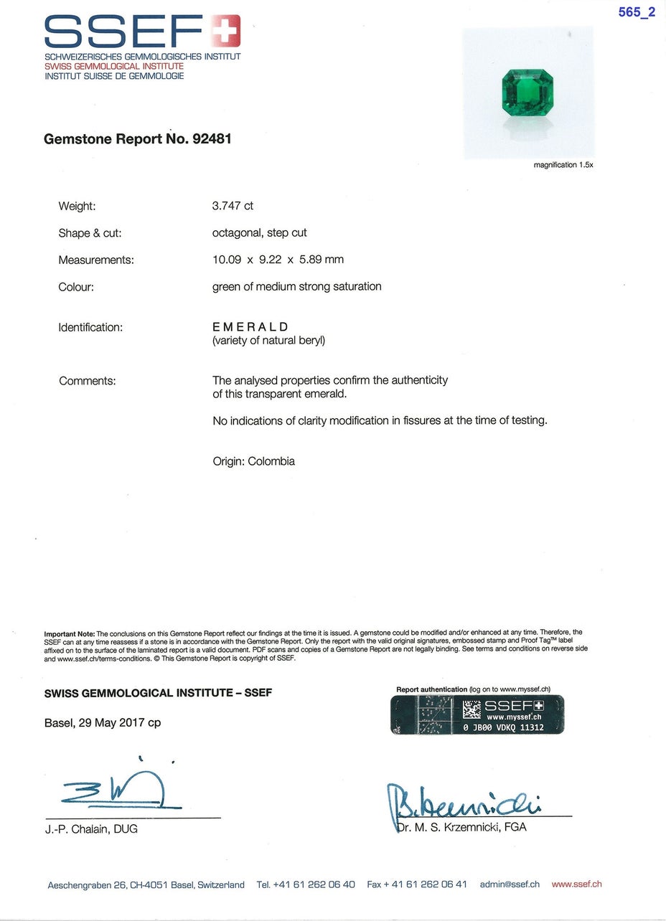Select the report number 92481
point(212,138)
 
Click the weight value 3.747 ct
point(233,206)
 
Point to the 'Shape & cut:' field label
point(90,233)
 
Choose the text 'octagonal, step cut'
point(260,233)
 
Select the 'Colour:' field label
point(76,287)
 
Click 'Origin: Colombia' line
point(253,461)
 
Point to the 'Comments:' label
point(87,381)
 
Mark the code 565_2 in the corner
point(637,12)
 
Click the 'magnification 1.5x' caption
point(563,165)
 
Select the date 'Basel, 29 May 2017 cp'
point(103,722)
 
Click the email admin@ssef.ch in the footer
point(510,884)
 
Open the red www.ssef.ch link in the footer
point(577,884)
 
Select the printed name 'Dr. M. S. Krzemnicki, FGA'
point(461,827)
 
